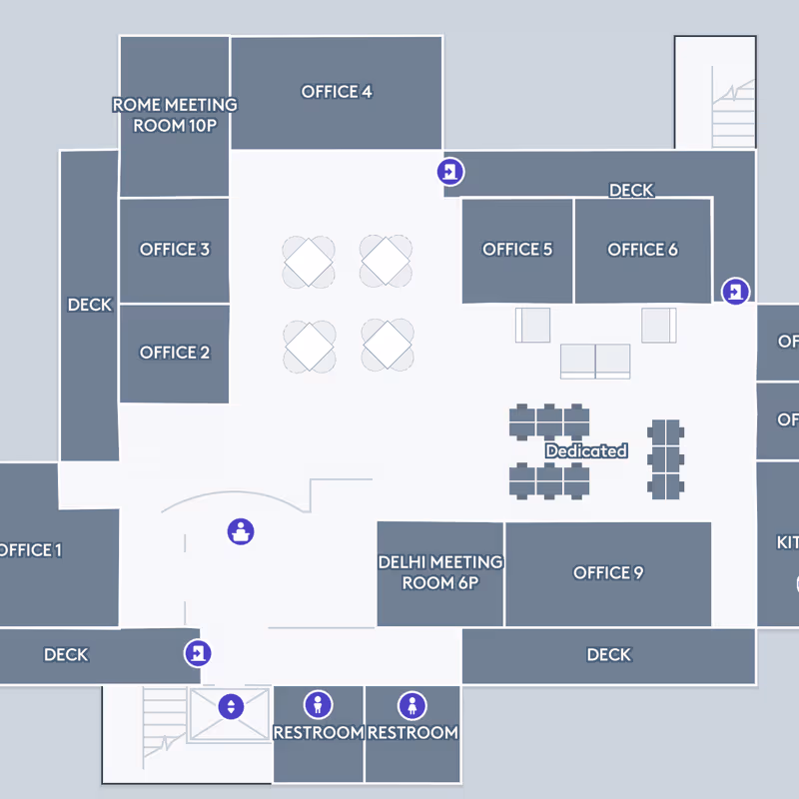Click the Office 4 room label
(x=337, y=92)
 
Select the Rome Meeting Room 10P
(x=175, y=115)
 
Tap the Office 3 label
(x=175, y=250)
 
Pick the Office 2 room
(x=175, y=353)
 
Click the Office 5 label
(x=517, y=250)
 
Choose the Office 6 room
(x=642, y=250)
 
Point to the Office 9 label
(x=608, y=572)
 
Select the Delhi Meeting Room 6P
(x=440, y=572)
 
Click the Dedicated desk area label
(x=586, y=451)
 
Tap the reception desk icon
(x=240, y=531)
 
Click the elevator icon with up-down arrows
(x=231, y=706)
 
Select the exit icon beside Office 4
(x=451, y=172)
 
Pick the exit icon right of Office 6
(x=735, y=291)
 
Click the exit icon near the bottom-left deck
(x=198, y=654)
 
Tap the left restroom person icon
(x=319, y=706)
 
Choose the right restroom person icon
(x=412, y=706)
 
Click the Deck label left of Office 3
(x=89, y=305)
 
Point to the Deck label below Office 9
(x=608, y=655)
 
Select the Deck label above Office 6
(x=631, y=190)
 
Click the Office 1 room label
(x=30, y=550)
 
